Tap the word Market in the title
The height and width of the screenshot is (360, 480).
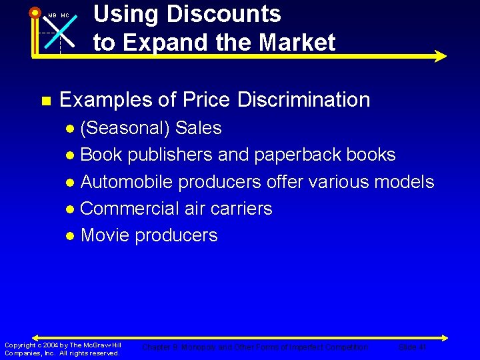[297, 43]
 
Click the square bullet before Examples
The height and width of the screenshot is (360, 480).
[45, 101]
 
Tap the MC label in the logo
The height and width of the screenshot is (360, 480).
[65, 15]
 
